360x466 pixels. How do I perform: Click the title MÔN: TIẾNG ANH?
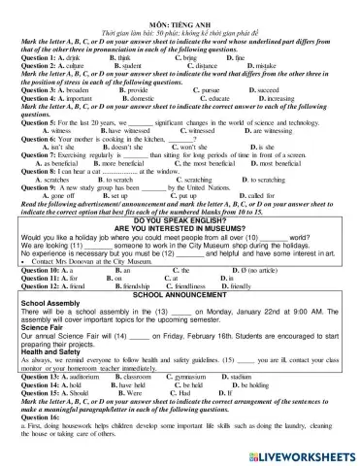point(180,7)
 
